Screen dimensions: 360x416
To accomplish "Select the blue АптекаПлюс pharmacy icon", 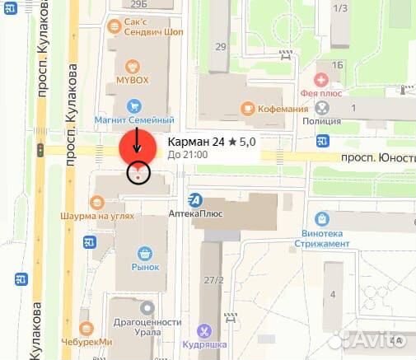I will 195,199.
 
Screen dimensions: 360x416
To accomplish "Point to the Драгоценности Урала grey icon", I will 147,307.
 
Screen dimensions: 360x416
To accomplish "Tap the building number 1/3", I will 339,7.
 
